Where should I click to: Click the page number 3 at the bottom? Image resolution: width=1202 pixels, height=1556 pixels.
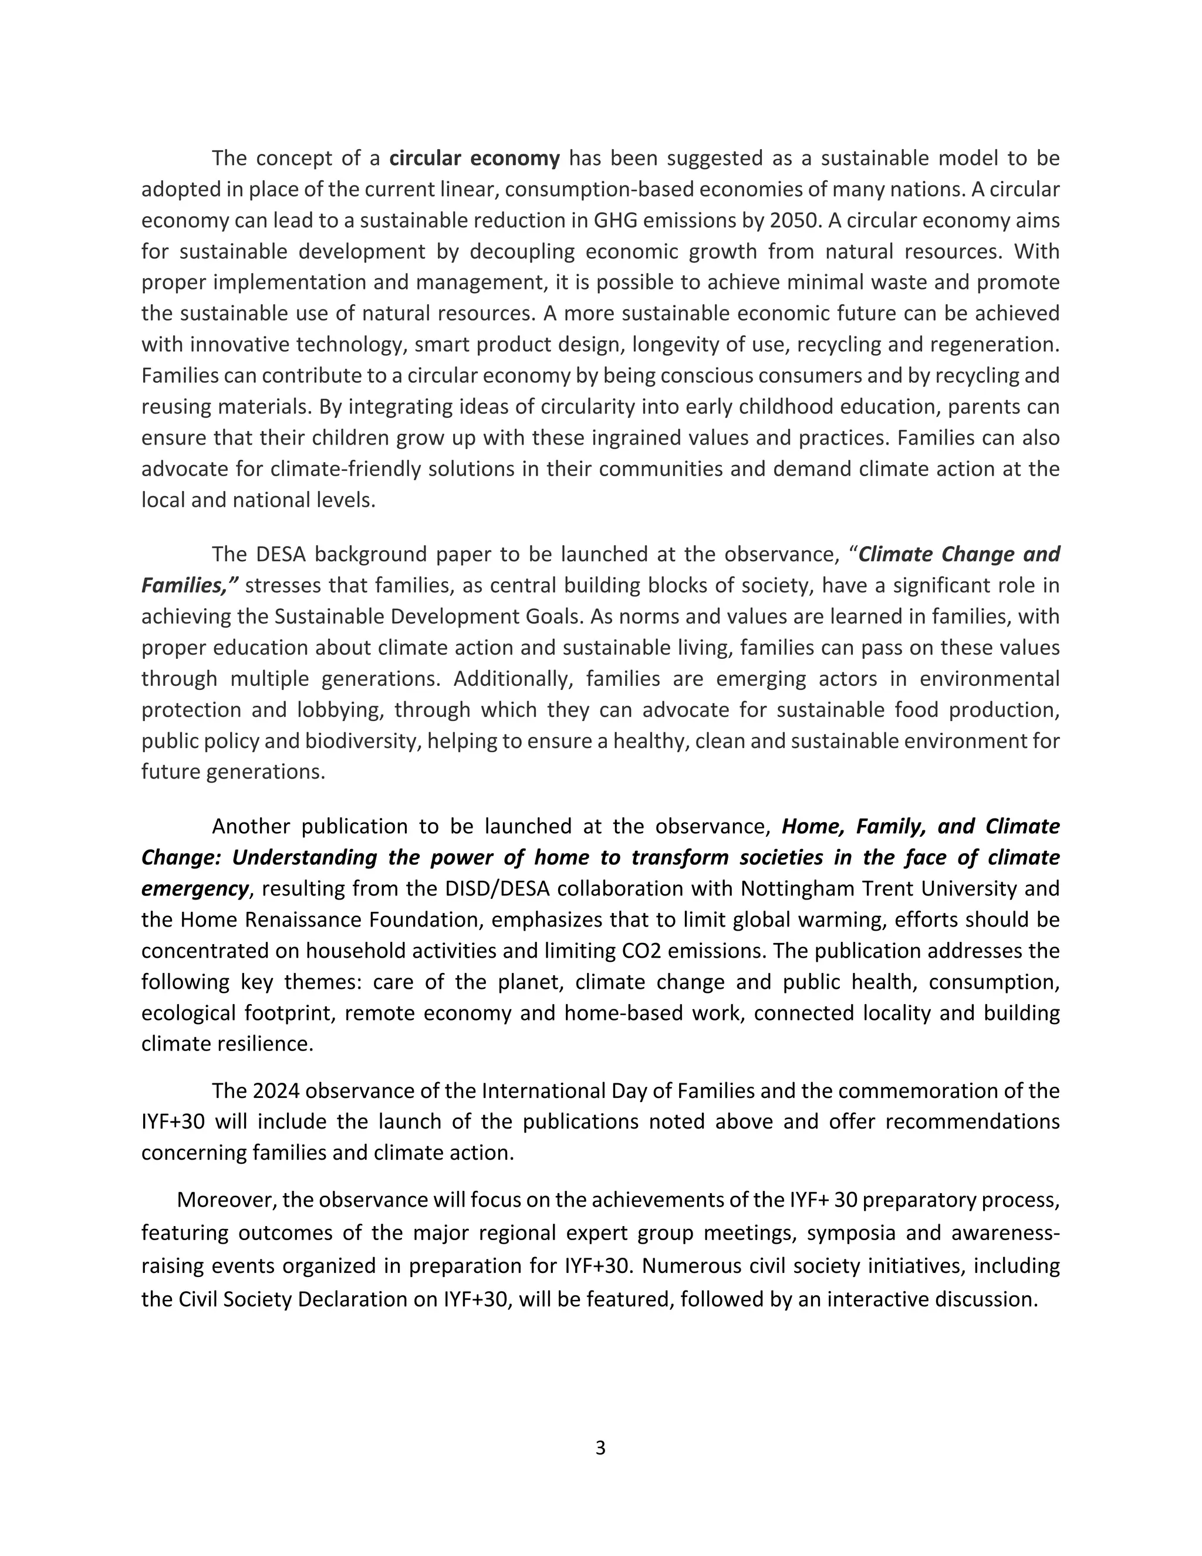click(600, 1448)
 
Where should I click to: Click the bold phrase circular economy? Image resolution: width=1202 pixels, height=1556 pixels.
click(474, 158)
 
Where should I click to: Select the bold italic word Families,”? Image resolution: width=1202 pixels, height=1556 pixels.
click(190, 585)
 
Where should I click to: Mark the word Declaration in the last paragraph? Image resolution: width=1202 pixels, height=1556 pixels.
click(353, 1299)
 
